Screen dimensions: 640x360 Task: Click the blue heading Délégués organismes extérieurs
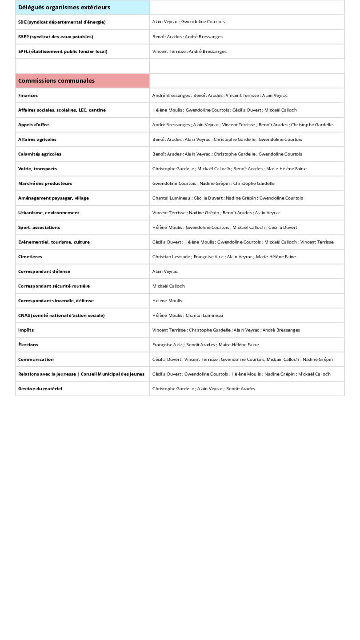[x=64, y=8]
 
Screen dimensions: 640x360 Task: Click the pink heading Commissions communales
[x=56, y=81]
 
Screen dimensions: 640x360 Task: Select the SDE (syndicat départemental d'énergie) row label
[x=62, y=22]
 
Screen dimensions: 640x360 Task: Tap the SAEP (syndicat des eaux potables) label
[x=56, y=37]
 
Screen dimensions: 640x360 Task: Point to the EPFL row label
[x=63, y=52]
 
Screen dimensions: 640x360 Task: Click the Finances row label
[x=28, y=96]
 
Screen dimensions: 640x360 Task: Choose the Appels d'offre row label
[x=33, y=125]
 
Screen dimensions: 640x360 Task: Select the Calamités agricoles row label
[x=40, y=154]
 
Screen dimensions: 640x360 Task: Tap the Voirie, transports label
[x=37, y=169]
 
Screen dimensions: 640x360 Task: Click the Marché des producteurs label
[x=45, y=184]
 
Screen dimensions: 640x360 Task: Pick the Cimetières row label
[x=30, y=257]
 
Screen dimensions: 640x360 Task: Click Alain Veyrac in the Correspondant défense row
[x=165, y=272]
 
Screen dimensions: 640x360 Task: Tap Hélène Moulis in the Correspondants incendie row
[x=167, y=301]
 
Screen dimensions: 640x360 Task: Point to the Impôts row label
[x=26, y=330]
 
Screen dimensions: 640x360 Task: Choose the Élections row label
[x=28, y=345]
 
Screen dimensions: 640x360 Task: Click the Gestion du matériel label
[x=40, y=389]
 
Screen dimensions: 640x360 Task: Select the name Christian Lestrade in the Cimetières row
[x=172, y=257]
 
